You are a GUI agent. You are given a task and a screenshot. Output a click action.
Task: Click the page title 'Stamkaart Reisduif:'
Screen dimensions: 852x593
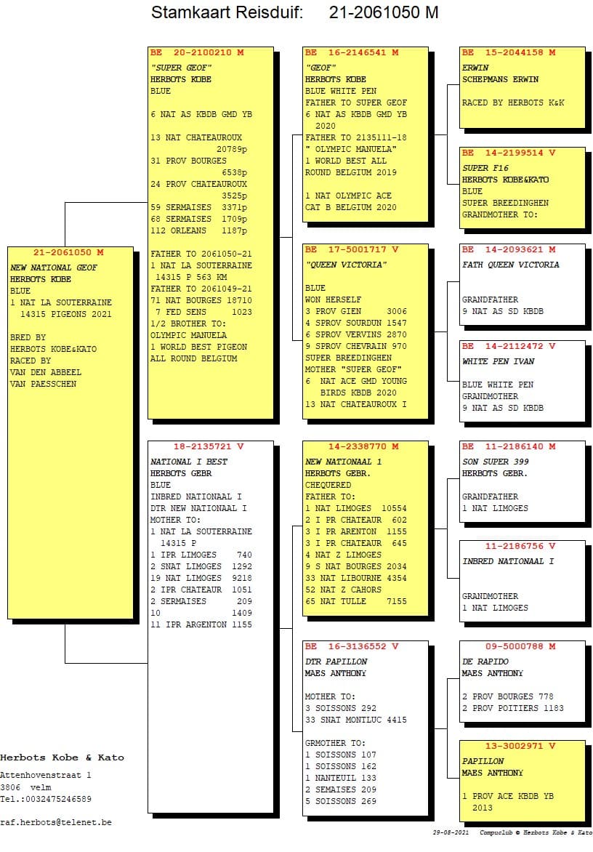[227, 12]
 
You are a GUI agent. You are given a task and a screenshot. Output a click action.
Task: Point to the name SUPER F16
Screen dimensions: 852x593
[485, 168]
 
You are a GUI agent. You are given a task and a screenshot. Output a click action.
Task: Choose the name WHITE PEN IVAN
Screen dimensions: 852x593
[498, 361]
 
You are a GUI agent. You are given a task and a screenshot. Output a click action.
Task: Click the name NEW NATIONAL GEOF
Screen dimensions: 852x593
[54, 268]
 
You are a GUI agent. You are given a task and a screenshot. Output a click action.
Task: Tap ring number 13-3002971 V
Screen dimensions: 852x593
[520, 746]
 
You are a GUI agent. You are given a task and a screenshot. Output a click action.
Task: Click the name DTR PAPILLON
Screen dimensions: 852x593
[336, 662]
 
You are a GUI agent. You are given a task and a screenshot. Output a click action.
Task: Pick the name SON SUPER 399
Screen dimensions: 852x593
[496, 462]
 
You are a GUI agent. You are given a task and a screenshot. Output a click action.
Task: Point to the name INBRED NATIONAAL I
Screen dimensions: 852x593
[508, 561]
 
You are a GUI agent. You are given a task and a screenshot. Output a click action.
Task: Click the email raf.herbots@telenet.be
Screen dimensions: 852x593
[56, 822]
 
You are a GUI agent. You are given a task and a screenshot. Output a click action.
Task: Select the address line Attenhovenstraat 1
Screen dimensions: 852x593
[46, 776]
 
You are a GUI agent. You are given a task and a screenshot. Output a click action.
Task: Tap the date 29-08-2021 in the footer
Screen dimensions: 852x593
[451, 832]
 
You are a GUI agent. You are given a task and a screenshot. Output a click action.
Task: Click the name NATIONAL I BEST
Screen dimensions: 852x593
[189, 462]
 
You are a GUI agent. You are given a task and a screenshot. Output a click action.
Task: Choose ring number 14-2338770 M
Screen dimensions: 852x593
[366, 446]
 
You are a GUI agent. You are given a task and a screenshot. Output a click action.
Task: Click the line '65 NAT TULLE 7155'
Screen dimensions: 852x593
[356, 601]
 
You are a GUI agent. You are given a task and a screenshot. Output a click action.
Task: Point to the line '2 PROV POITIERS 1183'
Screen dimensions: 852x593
[512, 708]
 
